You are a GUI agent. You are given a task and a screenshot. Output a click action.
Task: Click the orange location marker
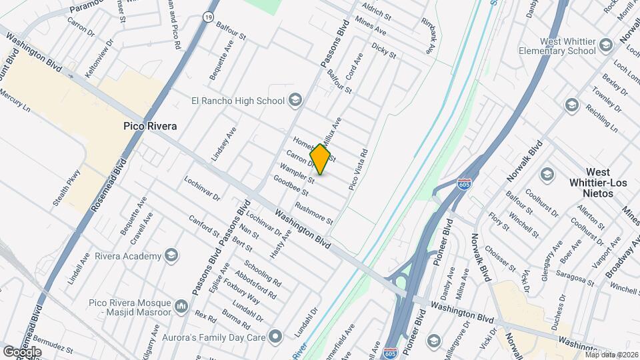pyautogui.click(x=321, y=159)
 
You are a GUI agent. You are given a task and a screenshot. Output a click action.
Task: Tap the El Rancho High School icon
pyautogui.click(x=295, y=101)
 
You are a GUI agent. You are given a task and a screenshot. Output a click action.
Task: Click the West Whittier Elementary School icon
pyautogui.click(x=605, y=45)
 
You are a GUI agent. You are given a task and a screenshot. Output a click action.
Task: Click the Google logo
pyautogui.click(x=22, y=351)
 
